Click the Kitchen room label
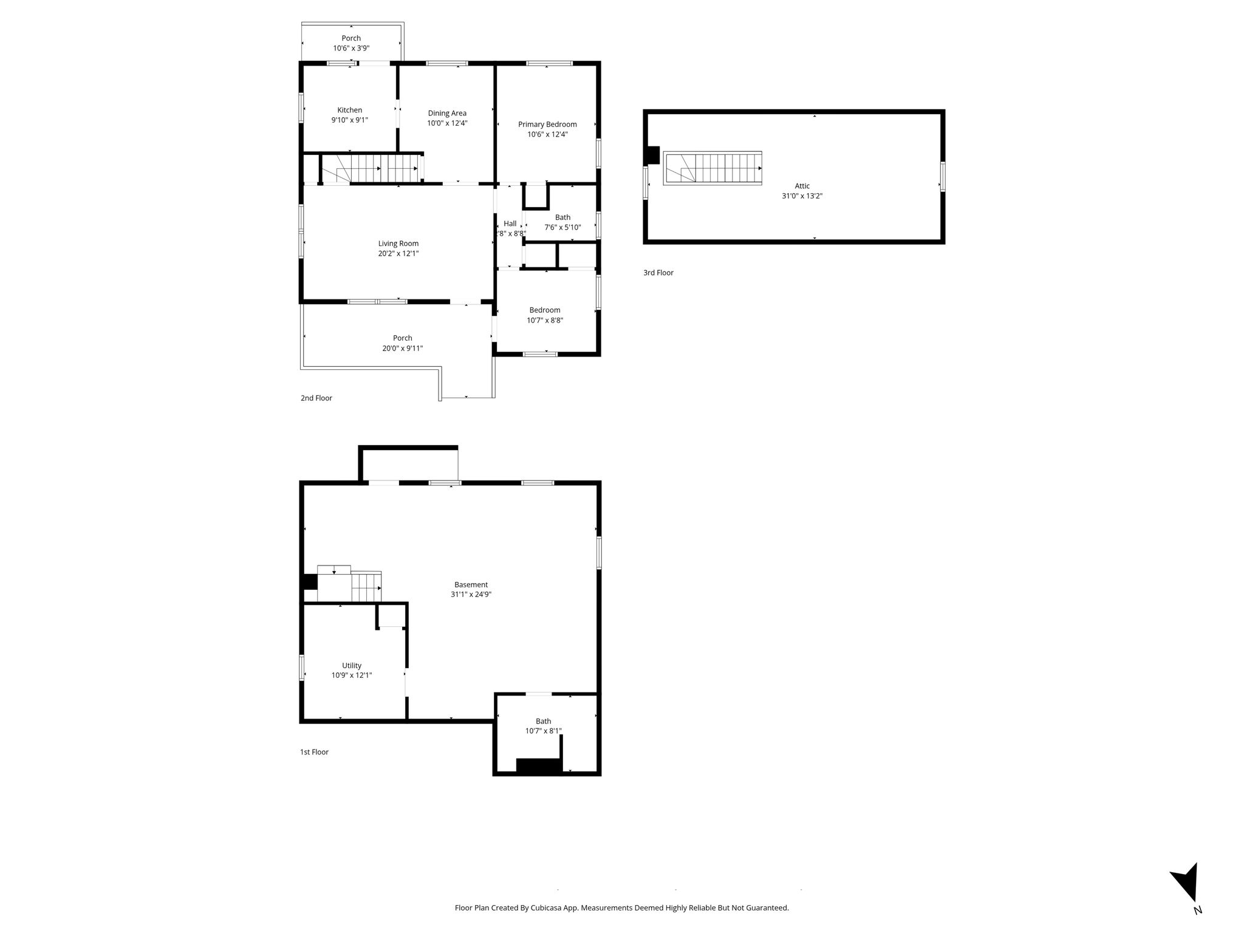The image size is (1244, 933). (350, 110)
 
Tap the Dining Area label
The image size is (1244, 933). (447, 113)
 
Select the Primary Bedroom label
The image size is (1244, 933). (547, 125)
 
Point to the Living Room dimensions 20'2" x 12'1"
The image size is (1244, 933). (398, 253)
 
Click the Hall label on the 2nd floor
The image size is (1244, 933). (510, 224)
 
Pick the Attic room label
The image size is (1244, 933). (802, 186)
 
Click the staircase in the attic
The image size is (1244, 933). (713, 168)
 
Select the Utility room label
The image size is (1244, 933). (352, 665)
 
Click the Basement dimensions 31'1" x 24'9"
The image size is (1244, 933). (471, 595)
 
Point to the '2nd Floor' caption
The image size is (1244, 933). (316, 398)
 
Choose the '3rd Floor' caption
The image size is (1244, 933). (658, 273)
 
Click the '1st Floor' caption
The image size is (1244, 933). (314, 752)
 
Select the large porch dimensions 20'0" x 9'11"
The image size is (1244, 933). (402, 348)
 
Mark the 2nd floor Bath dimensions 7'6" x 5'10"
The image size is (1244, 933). (562, 227)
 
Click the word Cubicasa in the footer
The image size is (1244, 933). (547, 907)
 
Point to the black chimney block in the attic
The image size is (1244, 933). (652, 155)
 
